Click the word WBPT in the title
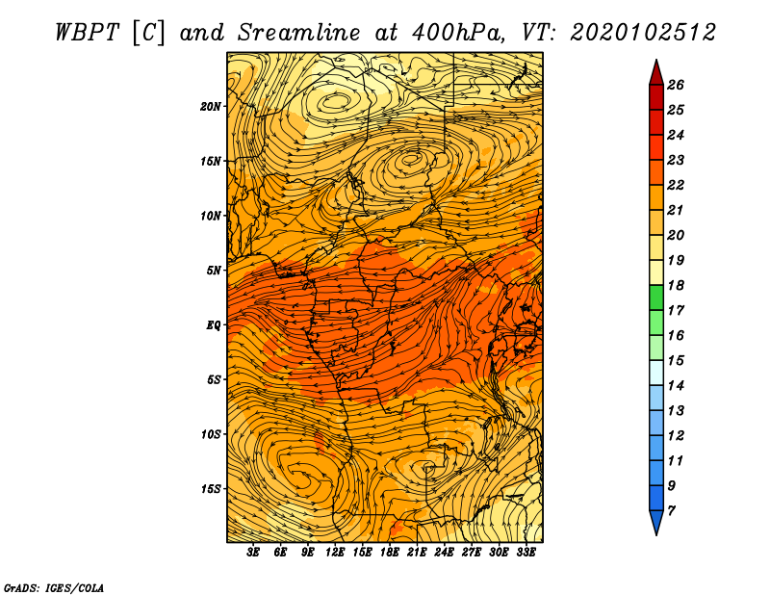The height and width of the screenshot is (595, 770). click(x=87, y=33)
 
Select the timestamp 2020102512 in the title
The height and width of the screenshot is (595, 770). click(x=643, y=33)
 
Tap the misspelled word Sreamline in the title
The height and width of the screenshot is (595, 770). click(x=299, y=33)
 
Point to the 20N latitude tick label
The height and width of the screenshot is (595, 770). click(x=210, y=107)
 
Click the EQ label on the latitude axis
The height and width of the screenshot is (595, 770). click(x=213, y=325)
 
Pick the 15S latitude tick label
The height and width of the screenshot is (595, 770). click(x=210, y=489)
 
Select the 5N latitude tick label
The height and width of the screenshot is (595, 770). click(x=213, y=271)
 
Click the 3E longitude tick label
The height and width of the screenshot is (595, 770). click(x=253, y=553)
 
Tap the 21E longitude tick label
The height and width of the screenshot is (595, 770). click(x=417, y=553)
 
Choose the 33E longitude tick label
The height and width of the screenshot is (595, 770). click(x=526, y=553)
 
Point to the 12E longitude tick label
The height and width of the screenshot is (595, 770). click(x=334, y=553)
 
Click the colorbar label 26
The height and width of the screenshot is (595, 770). click(x=676, y=85)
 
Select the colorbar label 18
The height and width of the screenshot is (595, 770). click(x=676, y=285)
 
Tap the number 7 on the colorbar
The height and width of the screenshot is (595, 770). click(x=671, y=511)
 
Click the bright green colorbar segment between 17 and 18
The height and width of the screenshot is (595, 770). click(x=656, y=297)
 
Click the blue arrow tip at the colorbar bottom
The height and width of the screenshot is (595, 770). click(x=656, y=523)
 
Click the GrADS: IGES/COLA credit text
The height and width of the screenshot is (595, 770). click(x=54, y=587)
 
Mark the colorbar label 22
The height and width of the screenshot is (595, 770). click(x=676, y=185)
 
